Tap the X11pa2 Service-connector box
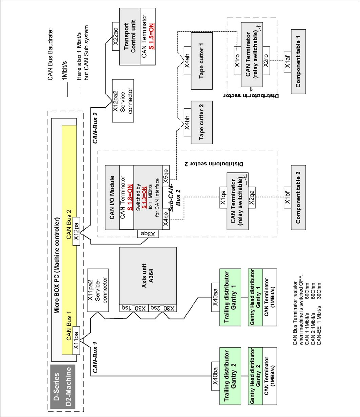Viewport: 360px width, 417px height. (x=98, y=290)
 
